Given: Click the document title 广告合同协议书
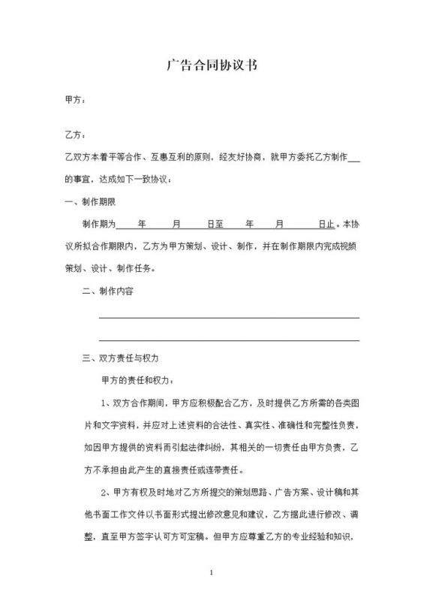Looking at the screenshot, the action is click(x=212, y=65).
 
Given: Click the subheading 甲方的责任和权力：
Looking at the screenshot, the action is click(x=140, y=381).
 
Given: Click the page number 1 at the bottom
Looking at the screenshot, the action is click(x=212, y=575).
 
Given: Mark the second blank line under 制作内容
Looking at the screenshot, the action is click(x=229, y=340).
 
